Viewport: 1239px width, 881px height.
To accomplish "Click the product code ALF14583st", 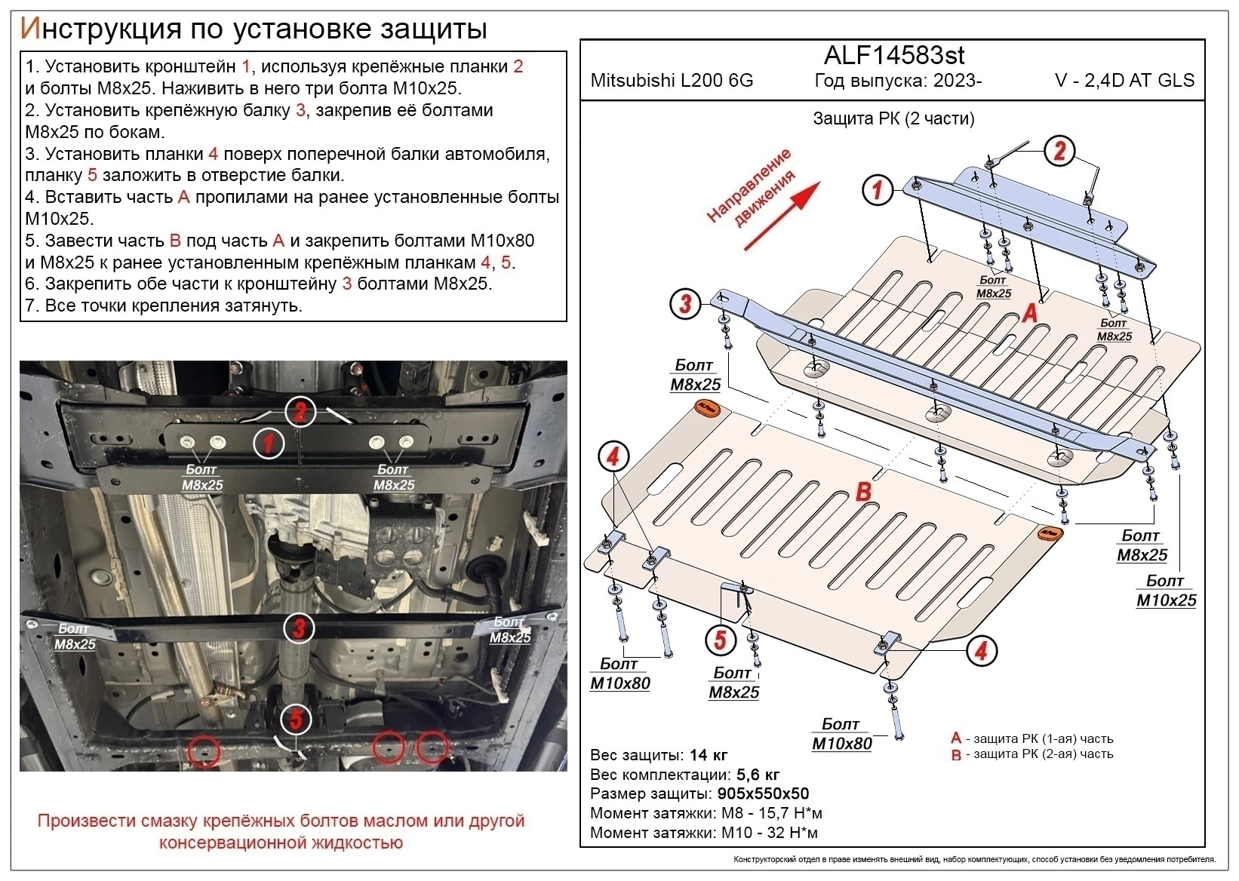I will pos(893,55).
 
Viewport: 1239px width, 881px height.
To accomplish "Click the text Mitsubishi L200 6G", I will pos(672,81).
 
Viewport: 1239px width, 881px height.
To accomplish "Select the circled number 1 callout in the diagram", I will pos(877,189).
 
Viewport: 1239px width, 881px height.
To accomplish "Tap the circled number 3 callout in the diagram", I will pos(685,304).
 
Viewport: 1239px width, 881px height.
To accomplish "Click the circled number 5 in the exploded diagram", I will pos(720,640).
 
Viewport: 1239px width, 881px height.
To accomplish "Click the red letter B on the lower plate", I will pos(863,492).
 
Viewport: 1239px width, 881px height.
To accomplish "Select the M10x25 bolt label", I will pos(1166,600).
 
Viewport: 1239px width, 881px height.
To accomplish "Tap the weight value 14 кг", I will pos(709,755).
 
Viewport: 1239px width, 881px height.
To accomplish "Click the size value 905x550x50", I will pos(762,794).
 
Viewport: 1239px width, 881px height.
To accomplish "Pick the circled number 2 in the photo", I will pos(300,412).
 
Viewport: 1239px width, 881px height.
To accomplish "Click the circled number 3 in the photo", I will pos(299,628).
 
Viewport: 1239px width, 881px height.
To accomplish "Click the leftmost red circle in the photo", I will pos(203,751).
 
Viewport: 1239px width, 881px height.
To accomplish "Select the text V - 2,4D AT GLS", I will pos(1124,81).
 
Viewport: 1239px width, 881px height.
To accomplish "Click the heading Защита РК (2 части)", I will pos(893,118).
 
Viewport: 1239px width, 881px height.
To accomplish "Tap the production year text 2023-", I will pos(958,81).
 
